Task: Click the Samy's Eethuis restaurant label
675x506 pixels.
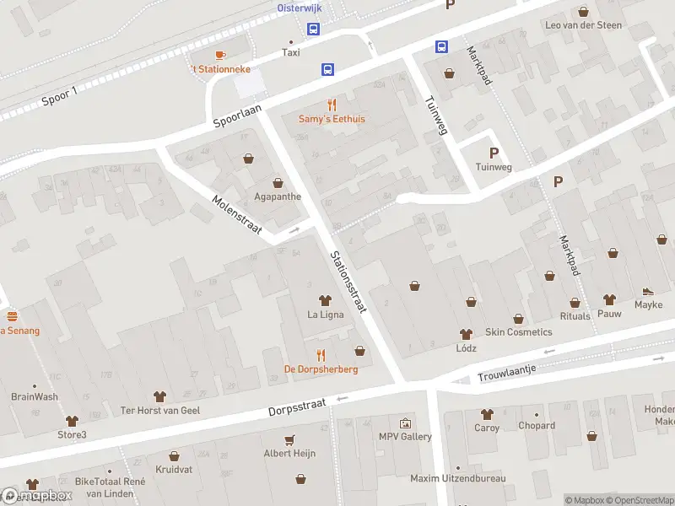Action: (332, 119)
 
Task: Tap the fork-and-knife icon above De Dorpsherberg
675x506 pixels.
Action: (321, 355)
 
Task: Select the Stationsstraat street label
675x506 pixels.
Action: (348, 282)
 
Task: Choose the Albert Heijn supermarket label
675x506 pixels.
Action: (289, 453)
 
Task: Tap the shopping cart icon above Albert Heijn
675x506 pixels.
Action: (290, 439)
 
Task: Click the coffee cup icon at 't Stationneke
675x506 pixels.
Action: (220, 55)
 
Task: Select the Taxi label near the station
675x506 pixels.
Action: (291, 52)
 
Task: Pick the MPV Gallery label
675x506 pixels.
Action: (405, 436)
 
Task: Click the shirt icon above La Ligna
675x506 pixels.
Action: (325, 300)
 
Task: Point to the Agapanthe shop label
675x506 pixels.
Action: (278, 196)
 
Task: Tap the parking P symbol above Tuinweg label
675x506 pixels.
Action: (494, 153)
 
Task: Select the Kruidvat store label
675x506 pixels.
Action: (175, 468)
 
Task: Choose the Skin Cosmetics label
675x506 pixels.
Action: (518, 332)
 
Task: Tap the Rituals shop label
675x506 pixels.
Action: (575, 316)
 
